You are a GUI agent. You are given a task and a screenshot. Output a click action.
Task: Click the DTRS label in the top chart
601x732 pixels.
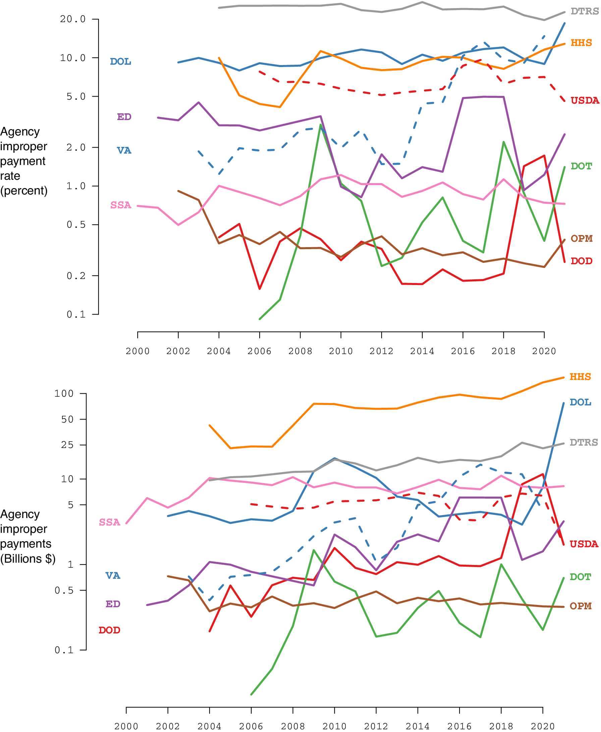[x=585, y=11]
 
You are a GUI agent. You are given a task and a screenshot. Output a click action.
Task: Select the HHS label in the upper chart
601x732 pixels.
[x=581, y=43]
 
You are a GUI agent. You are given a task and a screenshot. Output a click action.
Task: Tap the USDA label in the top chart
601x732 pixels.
[x=585, y=101]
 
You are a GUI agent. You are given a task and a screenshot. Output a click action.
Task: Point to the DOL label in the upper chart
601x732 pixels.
[x=120, y=62]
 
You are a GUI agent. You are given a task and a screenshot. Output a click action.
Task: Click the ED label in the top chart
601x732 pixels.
[x=124, y=117]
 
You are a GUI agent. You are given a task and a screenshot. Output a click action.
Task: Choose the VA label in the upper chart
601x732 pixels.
[x=124, y=151]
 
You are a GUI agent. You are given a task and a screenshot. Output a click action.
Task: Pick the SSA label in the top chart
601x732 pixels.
[x=121, y=205]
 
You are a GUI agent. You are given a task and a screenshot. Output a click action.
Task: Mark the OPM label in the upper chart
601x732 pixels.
[x=582, y=238]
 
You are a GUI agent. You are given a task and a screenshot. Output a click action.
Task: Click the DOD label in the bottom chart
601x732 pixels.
[x=109, y=630]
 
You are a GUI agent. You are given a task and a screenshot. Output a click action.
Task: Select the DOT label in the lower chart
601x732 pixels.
[x=581, y=577]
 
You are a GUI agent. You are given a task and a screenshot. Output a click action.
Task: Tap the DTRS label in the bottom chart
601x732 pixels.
[x=584, y=442]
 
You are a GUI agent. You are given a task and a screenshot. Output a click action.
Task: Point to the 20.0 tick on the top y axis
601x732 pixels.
[x=73, y=19]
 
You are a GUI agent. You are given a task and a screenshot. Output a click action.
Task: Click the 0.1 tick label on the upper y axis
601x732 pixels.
[x=76, y=314]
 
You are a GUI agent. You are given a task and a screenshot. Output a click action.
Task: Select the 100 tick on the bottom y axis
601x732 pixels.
[x=64, y=394]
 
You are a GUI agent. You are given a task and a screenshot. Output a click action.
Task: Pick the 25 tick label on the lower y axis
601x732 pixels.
[x=67, y=445]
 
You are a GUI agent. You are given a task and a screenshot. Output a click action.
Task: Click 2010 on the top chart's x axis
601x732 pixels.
[x=341, y=351]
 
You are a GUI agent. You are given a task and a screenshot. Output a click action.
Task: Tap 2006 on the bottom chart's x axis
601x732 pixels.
[x=251, y=726]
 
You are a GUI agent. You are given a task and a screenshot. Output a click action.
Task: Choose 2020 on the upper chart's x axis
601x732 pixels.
[x=544, y=351]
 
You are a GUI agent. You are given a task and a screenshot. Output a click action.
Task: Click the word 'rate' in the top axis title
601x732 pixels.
[x=10, y=176]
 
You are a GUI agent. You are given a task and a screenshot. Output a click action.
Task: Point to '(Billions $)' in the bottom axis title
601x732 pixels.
[x=28, y=559]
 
